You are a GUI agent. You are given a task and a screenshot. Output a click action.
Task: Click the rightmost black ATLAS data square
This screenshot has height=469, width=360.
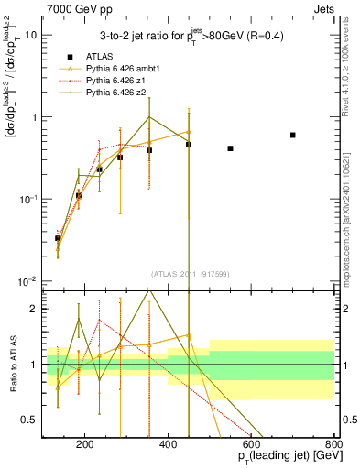point(293,135)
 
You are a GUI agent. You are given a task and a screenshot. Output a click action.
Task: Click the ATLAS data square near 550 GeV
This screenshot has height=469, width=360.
point(230,148)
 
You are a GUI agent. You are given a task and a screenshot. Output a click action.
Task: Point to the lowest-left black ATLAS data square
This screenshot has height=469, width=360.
point(58,238)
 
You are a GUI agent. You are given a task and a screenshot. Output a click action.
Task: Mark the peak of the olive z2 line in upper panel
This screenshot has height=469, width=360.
point(149,116)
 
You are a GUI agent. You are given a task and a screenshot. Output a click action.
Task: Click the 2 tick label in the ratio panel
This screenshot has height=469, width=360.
point(35,309)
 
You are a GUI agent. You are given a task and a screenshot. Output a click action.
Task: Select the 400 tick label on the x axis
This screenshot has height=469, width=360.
point(168,444)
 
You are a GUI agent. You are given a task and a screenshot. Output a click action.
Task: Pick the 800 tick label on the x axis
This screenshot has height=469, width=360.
point(333,444)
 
